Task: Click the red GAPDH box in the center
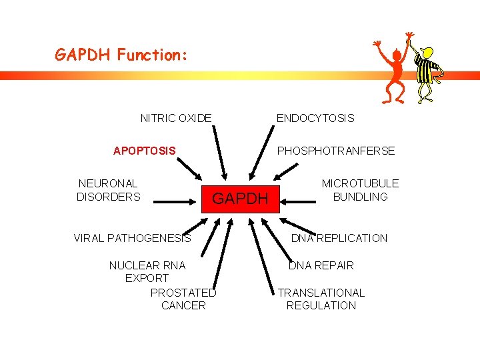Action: point(240,198)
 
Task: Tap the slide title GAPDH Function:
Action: point(121,55)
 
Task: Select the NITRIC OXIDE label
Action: point(176,118)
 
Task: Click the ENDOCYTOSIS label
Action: point(315,118)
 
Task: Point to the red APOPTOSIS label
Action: point(145,151)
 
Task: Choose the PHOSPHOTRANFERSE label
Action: point(336,151)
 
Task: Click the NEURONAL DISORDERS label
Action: point(109,190)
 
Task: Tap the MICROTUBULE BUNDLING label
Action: point(360,190)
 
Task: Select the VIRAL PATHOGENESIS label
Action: point(132,238)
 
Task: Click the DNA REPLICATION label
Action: point(339,238)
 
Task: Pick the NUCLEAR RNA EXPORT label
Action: point(147,271)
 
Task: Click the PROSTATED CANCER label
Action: point(183,299)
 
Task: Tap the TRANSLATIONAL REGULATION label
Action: point(321,299)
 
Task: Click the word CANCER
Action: point(183,305)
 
